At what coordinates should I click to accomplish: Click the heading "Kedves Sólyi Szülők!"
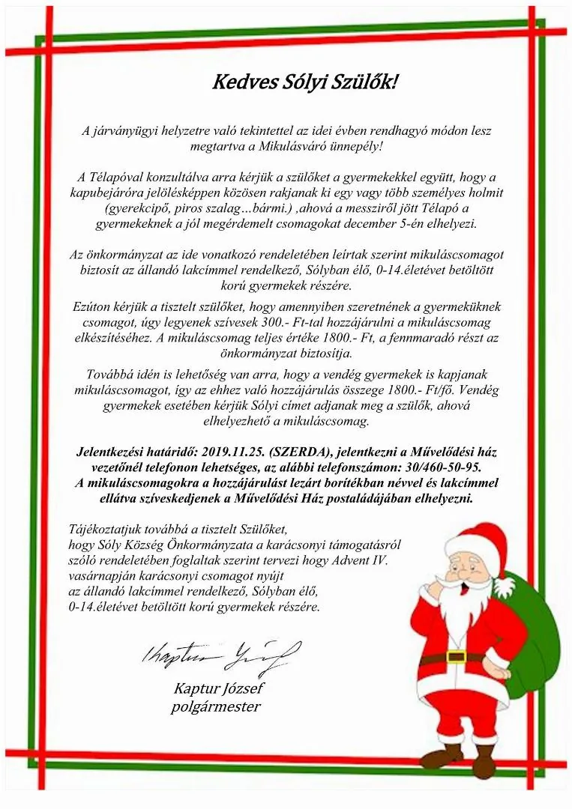pyautogui.click(x=304, y=82)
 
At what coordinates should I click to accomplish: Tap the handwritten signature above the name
pyautogui.click(x=221, y=655)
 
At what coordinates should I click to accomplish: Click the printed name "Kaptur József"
pyautogui.click(x=218, y=688)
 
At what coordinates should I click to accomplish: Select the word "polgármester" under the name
pyautogui.click(x=216, y=706)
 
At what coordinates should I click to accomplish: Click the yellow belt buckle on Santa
pyautogui.click(x=455, y=657)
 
